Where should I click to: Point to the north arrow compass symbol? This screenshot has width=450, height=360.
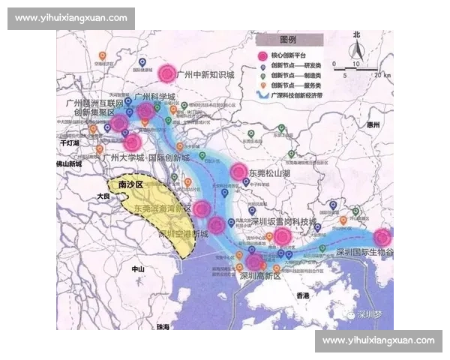coord(358,52)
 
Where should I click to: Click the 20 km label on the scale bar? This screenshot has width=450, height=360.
coord(385,75)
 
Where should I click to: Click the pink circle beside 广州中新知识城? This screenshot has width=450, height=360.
coord(167,74)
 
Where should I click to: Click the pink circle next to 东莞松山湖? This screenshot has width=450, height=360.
coord(239,172)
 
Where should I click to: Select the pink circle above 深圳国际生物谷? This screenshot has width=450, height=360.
coord(382,238)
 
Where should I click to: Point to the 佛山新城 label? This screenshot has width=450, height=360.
coord(73,163)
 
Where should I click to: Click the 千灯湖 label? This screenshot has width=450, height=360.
coord(69,142)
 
